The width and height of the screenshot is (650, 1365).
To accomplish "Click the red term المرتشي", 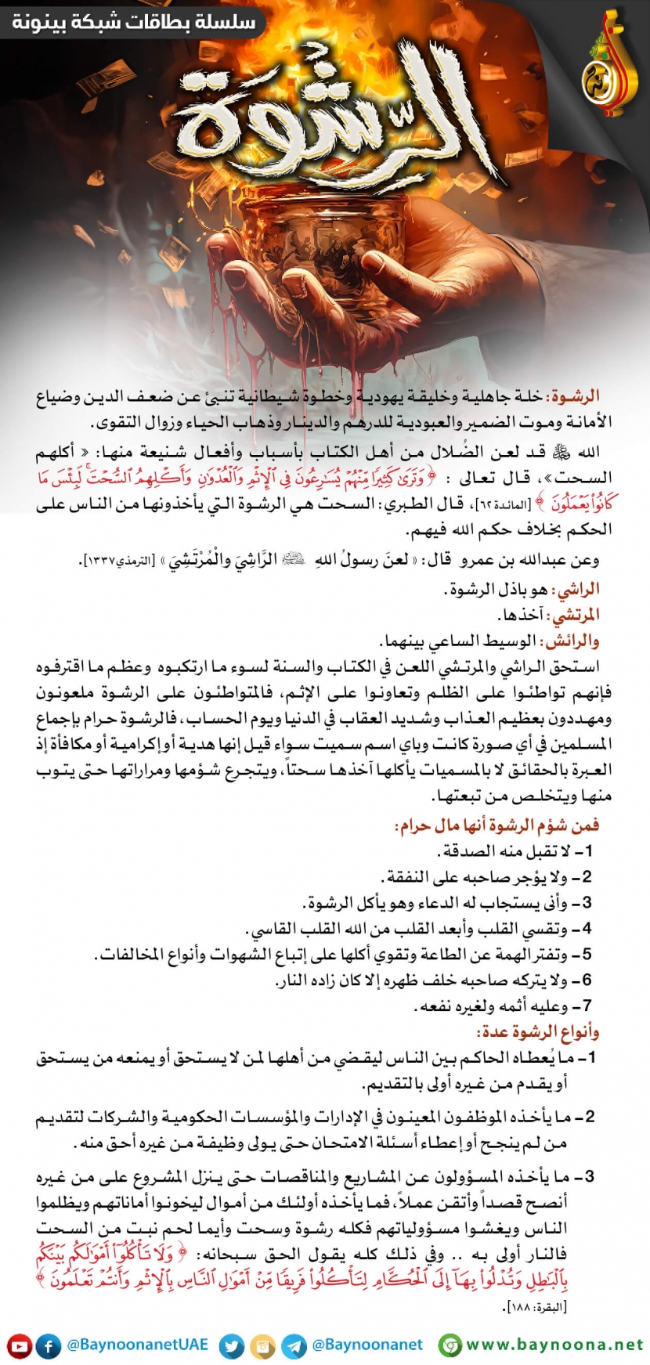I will pyautogui.click(x=576, y=616).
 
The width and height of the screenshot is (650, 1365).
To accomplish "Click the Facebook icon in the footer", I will pyautogui.click(x=49, y=1346).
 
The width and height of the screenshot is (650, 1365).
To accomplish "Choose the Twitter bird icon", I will pyautogui.click(x=232, y=1346).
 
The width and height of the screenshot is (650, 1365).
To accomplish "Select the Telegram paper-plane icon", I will pyautogui.click(x=294, y=1346).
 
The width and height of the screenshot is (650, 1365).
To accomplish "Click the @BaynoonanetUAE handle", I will pyautogui.click(x=138, y=1345).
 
